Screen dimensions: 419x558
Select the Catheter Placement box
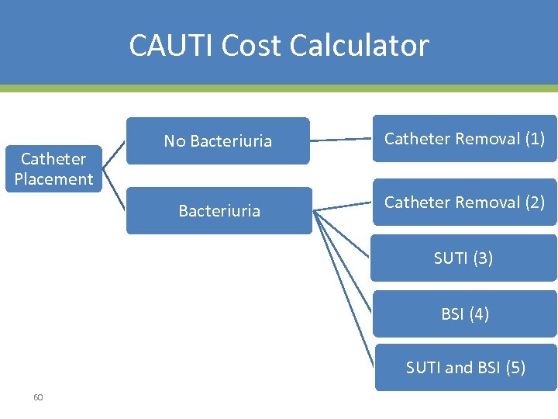pyautogui.click(x=53, y=168)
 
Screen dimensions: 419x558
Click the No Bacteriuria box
pyautogui.click(x=218, y=141)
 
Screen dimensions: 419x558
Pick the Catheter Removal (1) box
pyautogui.click(x=464, y=139)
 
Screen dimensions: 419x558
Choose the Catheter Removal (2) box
pyautogui.click(x=464, y=203)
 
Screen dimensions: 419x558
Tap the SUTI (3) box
pyautogui.click(x=463, y=258)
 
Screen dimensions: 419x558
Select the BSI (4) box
pyautogui.click(x=464, y=314)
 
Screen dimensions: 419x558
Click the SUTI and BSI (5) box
pyautogui.click(x=465, y=368)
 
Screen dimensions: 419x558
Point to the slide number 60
pyautogui.click(x=38, y=397)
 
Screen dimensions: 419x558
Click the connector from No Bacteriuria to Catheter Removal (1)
pyautogui.click(x=341, y=140)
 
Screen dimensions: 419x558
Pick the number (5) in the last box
pyautogui.click(x=515, y=368)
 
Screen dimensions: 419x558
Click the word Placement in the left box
pyautogui.click(x=53, y=179)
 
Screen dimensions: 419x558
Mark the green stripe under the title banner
pyautogui.click(x=279, y=88)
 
